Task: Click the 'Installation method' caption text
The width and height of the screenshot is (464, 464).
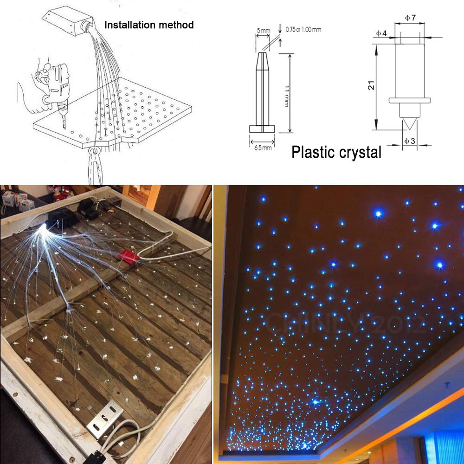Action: tap(148, 24)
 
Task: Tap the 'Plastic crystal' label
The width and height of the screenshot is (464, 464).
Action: tap(336, 152)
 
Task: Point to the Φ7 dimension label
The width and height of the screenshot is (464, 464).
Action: tap(410, 18)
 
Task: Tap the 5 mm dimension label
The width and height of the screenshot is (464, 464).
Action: tap(263, 31)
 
